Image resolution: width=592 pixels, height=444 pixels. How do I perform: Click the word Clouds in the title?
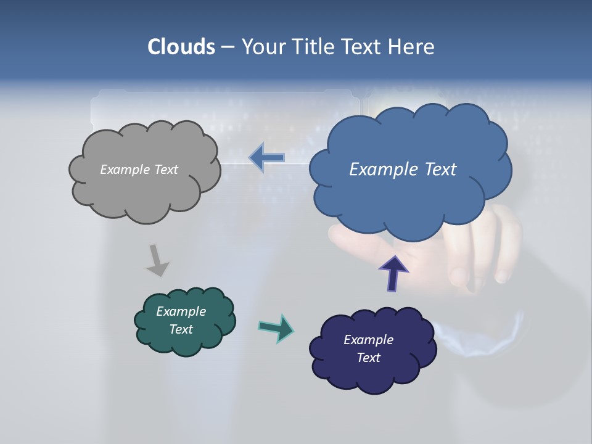tap(181, 47)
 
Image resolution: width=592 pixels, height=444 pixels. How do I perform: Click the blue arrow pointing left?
tap(266, 157)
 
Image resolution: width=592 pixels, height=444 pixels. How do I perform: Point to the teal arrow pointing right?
tap(276, 328)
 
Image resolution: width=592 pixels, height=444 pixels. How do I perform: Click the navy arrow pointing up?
tap(393, 274)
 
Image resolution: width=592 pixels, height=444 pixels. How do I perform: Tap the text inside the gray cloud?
tap(139, 170)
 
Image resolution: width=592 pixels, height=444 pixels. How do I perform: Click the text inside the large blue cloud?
tap(403, 170)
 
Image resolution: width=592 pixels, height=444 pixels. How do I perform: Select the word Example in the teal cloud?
tap(181, 311)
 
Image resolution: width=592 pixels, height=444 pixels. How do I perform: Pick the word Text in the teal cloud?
tap(181, 329)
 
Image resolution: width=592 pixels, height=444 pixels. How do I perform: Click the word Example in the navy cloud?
tap(368, 340)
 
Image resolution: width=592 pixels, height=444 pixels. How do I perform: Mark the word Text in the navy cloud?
tap(368, 358)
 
